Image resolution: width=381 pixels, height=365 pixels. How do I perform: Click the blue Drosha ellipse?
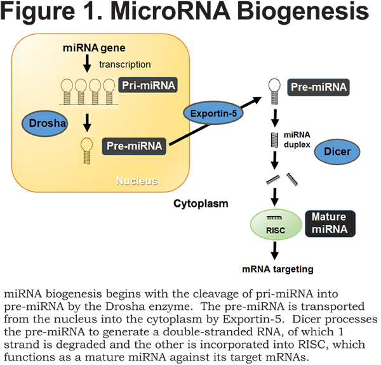click(44, 124)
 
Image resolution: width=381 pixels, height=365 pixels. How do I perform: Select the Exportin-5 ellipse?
click(213, 113)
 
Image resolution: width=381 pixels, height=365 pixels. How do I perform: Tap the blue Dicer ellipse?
click(337, 151)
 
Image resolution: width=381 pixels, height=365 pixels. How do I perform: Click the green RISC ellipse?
click(276, 224)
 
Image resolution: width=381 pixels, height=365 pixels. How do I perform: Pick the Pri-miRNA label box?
click(148, 85)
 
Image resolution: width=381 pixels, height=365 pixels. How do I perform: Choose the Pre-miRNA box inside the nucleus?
click(134, 146)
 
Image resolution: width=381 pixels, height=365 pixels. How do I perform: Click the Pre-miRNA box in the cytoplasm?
click(318, 87)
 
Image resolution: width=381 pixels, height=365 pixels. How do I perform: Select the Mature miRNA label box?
click(330, 224)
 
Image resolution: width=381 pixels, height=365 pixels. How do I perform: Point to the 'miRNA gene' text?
click(94, 48)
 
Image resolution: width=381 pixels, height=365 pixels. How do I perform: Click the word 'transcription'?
click(125, 65)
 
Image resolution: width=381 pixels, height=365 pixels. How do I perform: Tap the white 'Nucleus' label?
click(137, 181)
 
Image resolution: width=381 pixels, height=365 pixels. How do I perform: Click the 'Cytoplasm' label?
click(201, 203)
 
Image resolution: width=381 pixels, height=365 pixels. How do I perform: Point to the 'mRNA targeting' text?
click(277, 269)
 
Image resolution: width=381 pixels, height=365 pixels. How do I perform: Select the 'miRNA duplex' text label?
click(297, 139)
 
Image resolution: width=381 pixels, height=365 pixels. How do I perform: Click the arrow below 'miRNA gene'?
click(87, 63)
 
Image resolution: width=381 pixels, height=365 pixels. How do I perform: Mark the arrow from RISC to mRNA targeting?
click(275, 251)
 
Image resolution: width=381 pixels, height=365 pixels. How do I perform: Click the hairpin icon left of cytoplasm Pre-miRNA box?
click(274, 91)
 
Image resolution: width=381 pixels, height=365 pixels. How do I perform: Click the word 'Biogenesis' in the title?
click(303, 11)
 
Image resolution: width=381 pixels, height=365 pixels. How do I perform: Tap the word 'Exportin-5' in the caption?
click(253, 319)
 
